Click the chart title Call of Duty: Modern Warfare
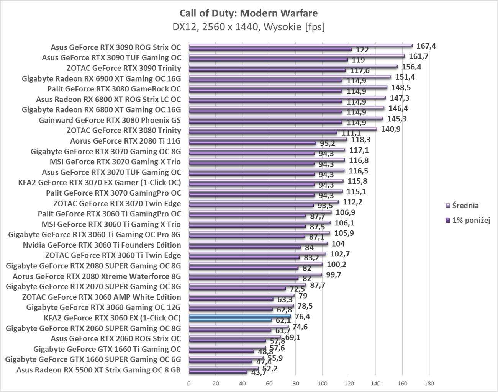(x=248, y=13)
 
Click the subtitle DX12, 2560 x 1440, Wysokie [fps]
(x=248, y=27)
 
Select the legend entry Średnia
(x=465, y=206)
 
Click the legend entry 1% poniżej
(x=471, y=220)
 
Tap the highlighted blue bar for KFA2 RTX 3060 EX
(x=240, y=317)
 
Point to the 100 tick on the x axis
(x=322, y=383)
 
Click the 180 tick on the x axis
(x=429, y=383)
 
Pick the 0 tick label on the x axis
(x=189, y=383)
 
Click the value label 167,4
(x=426, y=46)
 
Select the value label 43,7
(x=258, y=372)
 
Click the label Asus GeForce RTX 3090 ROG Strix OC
(x=116, y=47)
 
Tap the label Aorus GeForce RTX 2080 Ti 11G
(x=125, y=141)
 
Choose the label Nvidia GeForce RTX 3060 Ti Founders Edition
(x=102, y=245)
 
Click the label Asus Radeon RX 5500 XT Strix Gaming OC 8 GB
(x=98, y=370)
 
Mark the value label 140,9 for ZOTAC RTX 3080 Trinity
(x=391, y=129)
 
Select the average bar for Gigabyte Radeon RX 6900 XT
(x=290, y=77)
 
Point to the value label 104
(x=338, y=243)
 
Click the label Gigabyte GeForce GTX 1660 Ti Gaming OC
(x=107, y=349)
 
